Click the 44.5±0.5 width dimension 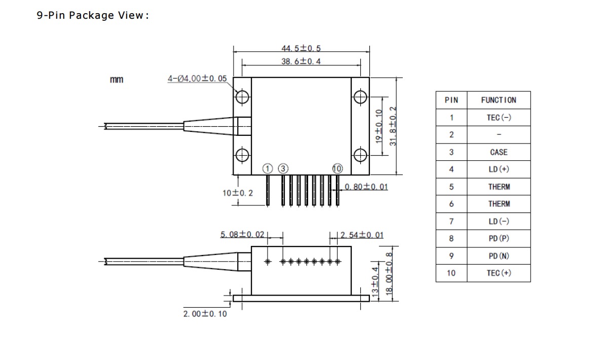[x=301, y=49]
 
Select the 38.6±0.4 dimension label [x=301, y=61]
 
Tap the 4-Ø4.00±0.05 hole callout [x=198, y=79]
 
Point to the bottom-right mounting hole [x=360, y=154]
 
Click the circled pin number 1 [x=268, y=168]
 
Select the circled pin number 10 [x=337, y=168]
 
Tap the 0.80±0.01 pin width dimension [x=366, y=187]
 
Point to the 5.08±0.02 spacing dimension [x=242, y=234]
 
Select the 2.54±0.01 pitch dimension [x=362, y=235]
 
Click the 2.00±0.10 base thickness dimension [x=205, y=314]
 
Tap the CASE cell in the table [x=499, y=152]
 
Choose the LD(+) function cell [x=499, y=169]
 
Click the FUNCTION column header [x=499, y=100]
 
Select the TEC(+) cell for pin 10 [x=499, y=273]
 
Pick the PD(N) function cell [x=499, y=256]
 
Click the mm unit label [x=117, y=80]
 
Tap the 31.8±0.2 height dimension [x=393, y=126]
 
